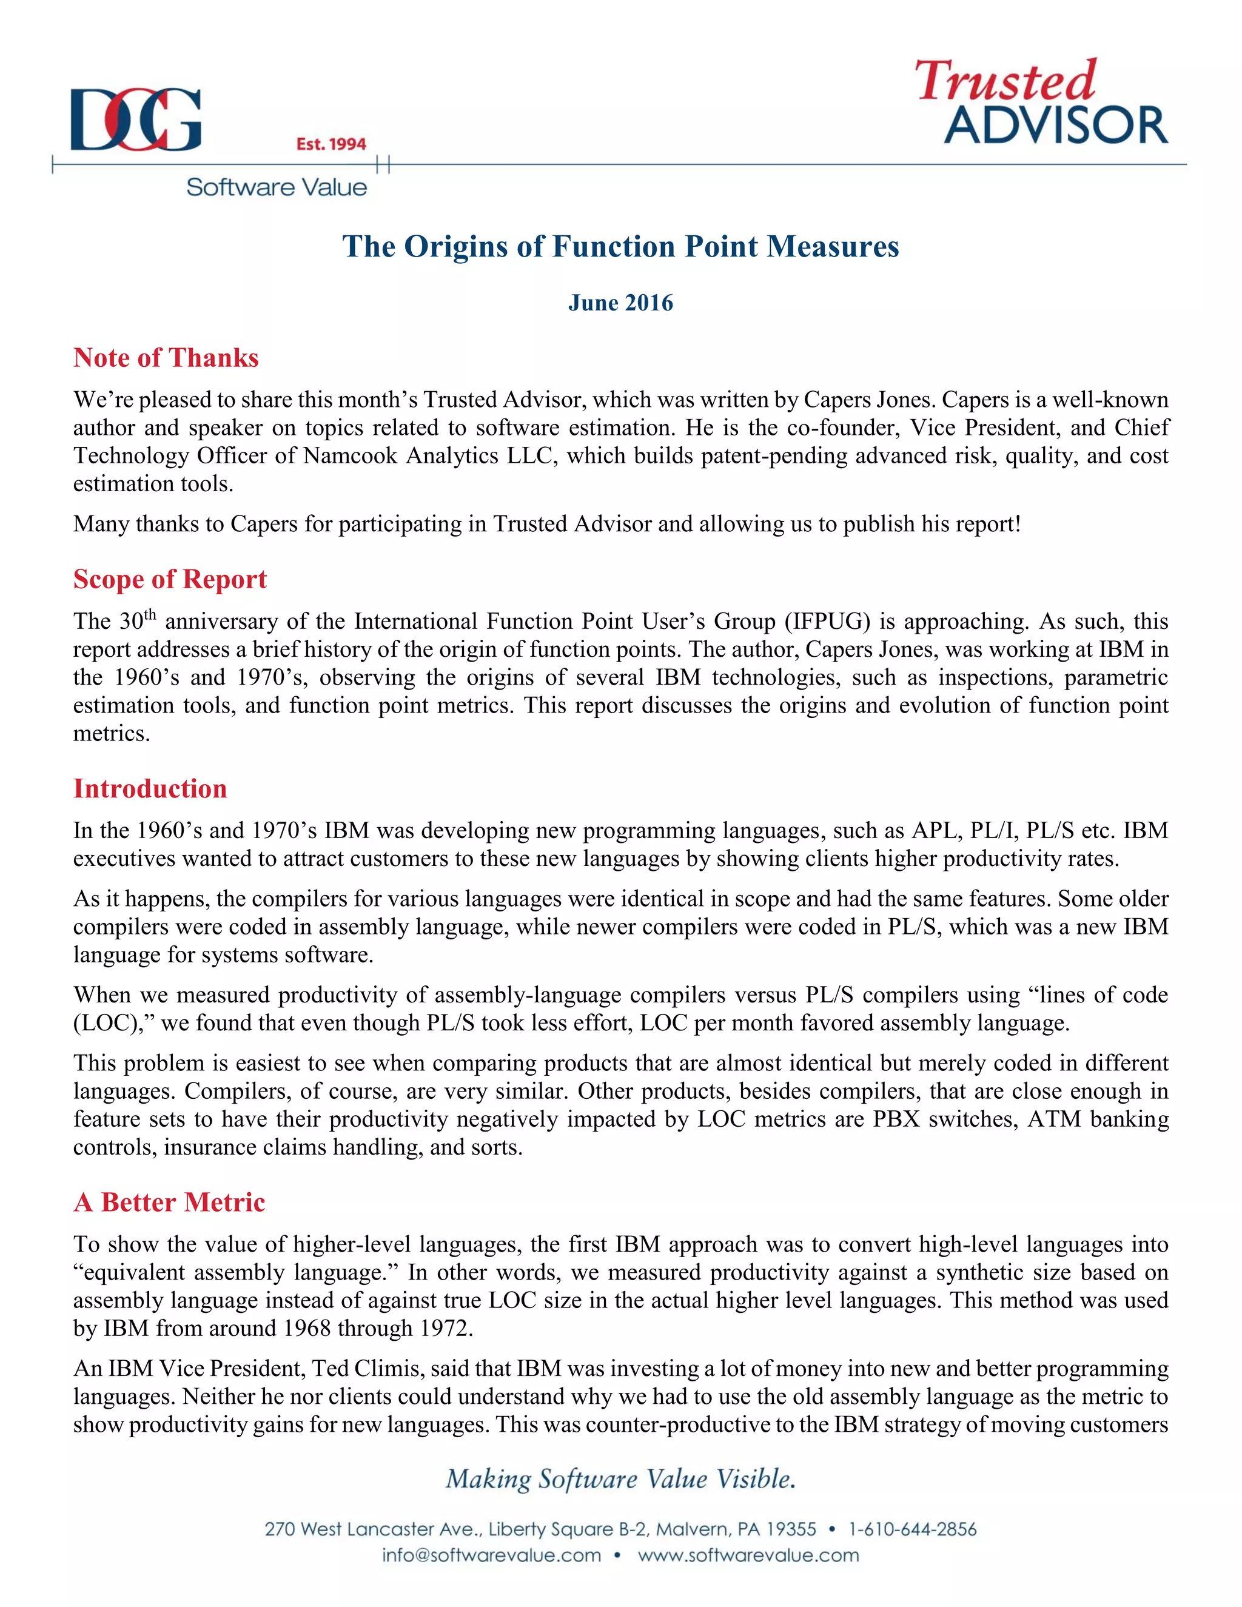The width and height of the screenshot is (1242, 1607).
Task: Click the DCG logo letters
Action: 135,119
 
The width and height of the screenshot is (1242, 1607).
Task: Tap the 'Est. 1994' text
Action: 331,144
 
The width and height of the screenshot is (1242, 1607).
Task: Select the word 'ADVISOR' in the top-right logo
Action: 1055,125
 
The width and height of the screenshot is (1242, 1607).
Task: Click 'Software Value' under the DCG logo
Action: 276,187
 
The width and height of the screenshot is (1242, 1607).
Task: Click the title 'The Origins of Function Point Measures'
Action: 620,246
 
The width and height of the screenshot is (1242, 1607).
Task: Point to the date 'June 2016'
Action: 620,303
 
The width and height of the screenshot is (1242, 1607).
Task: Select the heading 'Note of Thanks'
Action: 166,358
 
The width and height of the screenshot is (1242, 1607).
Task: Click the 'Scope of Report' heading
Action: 169,579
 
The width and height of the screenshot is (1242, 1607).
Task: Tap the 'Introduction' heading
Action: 150,789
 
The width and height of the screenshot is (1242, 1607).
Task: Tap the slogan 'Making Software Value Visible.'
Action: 620,1479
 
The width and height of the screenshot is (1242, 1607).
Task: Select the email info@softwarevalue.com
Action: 491,1555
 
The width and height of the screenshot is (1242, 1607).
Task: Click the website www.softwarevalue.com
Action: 748,1555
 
